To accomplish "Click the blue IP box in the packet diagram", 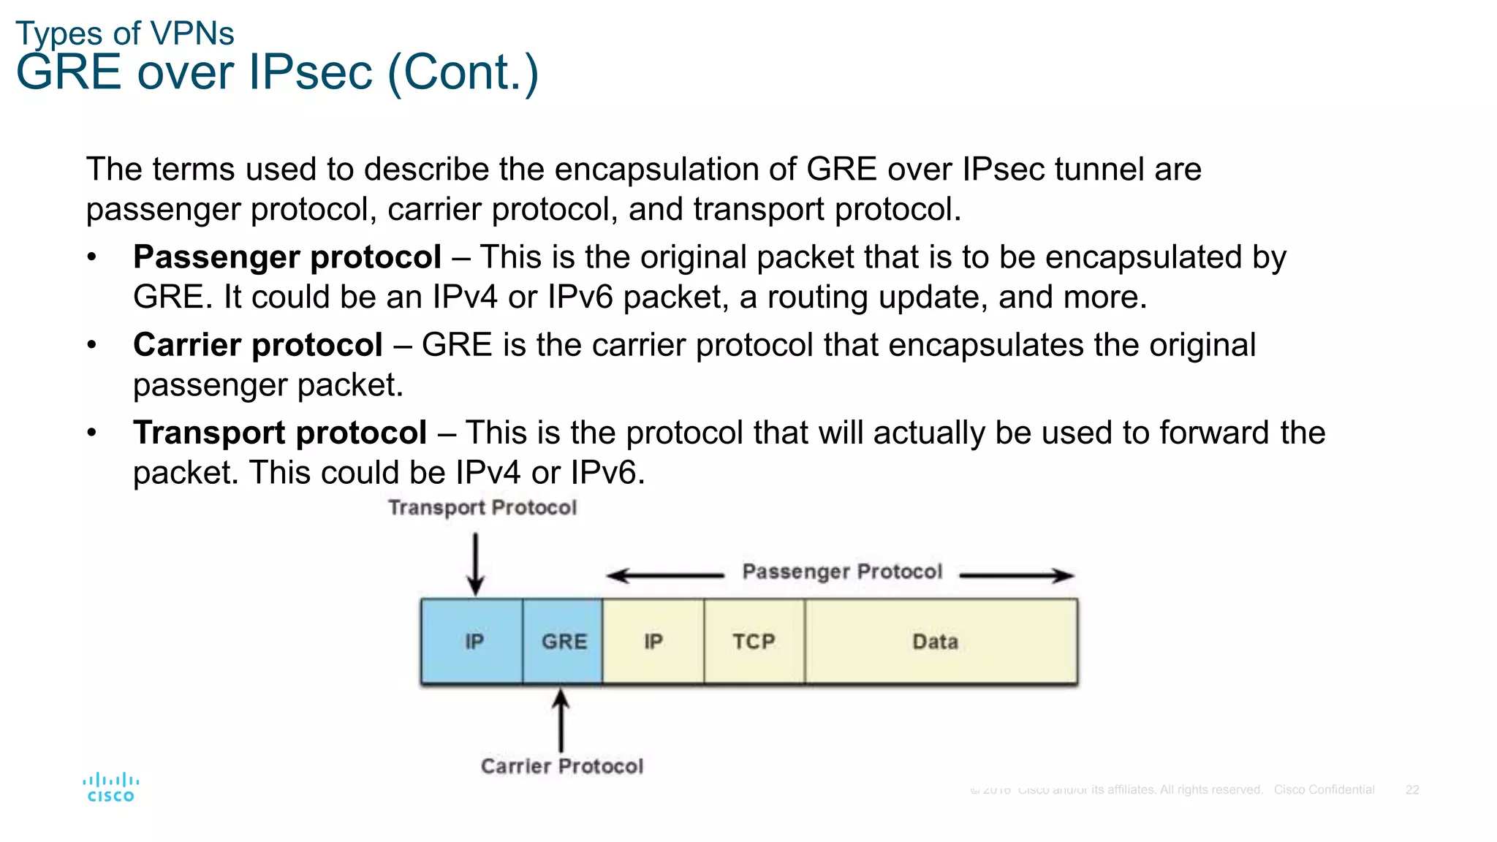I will pyautogui.click(x=472, y=641).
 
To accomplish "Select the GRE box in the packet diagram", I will pyautogui.click(x=564, y=641).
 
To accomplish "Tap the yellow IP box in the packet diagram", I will pyautogui.click(x=653, y=641).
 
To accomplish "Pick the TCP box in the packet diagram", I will pyautogui.click(x=754, y=641).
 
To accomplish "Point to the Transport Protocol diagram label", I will pyautogui.click(x=482, y=507).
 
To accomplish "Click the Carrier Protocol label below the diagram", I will pyautogui.click(x=562, y=766).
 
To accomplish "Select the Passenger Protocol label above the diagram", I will pyautogui.click(x=842, y=572).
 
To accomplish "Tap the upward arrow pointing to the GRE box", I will pyautogui.click(x=561, y=720).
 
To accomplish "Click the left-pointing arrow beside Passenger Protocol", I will pyautogui.click(x=664, y=576).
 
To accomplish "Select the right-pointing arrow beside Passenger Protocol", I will pyautogui.click(x=1017, y=576).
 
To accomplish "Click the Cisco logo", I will pyautogui.click(x=111, y=787).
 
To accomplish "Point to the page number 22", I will pyautogui.click(x=1412, y=790).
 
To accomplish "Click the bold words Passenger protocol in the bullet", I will pyautogui.click(x=287, y=257).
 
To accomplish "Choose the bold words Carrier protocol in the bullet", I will pyautogui.click(x=258, y=345).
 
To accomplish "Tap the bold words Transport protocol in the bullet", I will pyautogui.click(x=280, y=433).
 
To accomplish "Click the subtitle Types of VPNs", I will pyautogui.click(x=125, y=34).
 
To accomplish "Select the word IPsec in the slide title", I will pyautogui.click(x=311, y=72).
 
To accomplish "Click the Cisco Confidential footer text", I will pyautogui.click(x=1324, y=790).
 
